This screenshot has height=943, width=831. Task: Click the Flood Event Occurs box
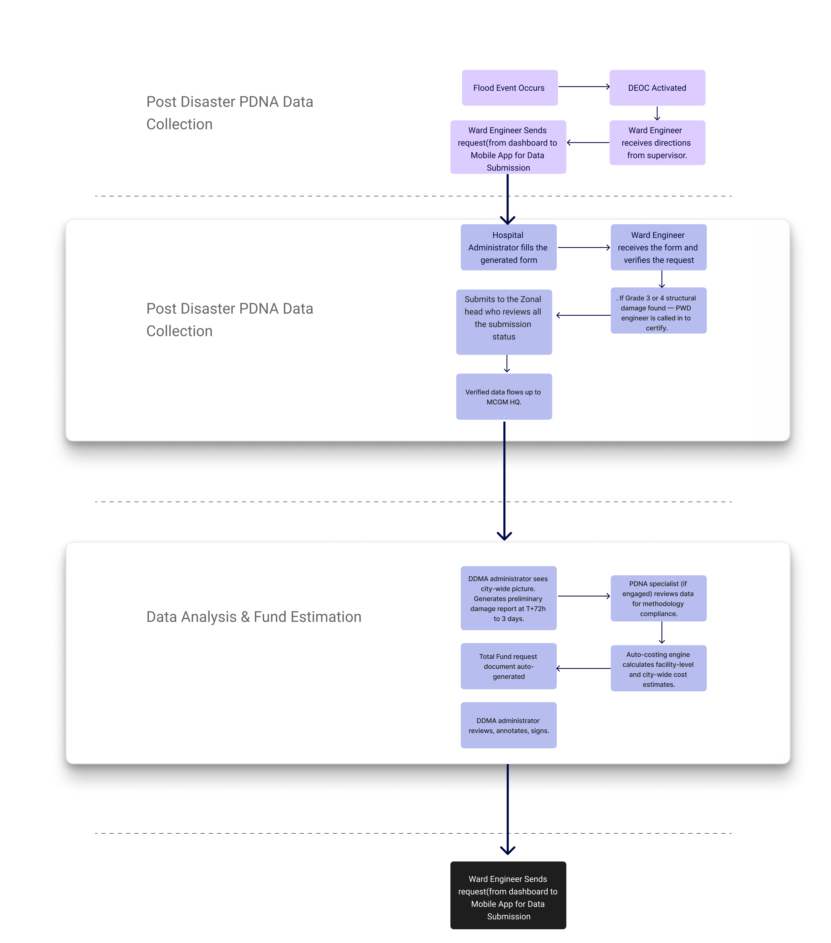click(x=509, y=88)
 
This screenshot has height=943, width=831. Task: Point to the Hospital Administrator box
click(x=508, y=247)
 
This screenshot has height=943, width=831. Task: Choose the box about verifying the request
click(x=658, y=247)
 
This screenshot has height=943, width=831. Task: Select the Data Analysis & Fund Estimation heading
click(x=253, y=617)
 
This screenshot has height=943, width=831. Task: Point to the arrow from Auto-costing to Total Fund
click(x=584, y=668)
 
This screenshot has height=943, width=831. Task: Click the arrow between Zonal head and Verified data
click(x=507, y=364)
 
